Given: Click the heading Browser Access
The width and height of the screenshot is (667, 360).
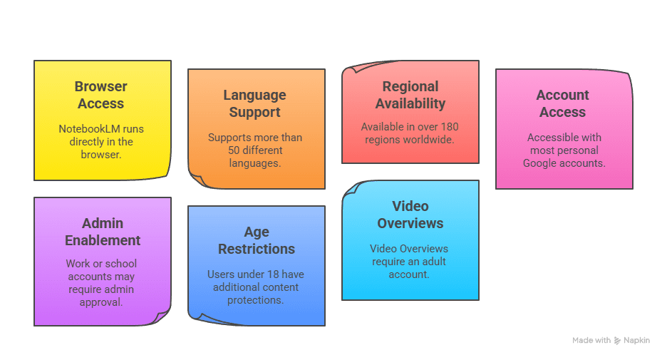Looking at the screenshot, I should click(100, 95).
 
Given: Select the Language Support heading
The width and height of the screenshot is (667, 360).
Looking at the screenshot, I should click(254, 103).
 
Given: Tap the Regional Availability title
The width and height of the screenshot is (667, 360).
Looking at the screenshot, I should click(410, 95).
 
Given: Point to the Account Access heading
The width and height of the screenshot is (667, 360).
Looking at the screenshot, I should click(562, 103).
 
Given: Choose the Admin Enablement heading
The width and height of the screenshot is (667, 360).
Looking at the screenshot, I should click(103, 232).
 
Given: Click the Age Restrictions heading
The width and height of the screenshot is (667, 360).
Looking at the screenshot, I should click(256, 240).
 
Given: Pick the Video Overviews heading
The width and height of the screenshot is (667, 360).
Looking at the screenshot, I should click(410, 215).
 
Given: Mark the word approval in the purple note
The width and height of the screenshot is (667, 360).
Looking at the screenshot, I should click(101, 302).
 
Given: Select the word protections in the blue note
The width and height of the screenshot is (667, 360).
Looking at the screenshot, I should click(256, 300).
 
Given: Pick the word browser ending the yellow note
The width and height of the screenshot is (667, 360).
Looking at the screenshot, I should click(101, 155).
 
